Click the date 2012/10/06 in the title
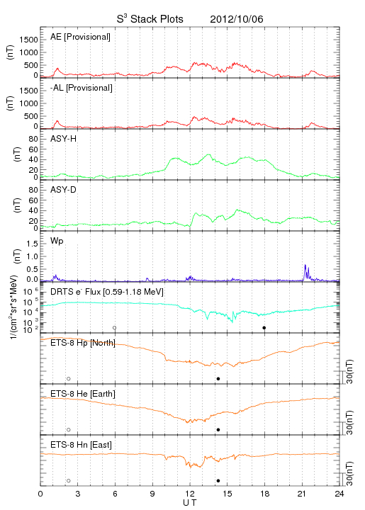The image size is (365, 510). coord(237,19)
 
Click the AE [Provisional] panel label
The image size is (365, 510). coord(80,37)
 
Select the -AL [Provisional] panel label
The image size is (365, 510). coord(82,88)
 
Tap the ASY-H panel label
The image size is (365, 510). coord(64,139)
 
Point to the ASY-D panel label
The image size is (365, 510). coord(64,190)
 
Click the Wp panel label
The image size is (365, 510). coord(57,241)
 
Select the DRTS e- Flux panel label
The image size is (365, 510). coord(107,292)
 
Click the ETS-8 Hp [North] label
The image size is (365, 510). coord(83,343)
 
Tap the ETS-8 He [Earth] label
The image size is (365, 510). coord(83,394)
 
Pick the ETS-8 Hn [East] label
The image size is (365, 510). coord(81,445)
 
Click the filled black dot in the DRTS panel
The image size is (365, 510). coord(264,328)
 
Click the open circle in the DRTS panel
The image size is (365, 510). coord(115,328)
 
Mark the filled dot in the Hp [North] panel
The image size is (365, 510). coord(218,378)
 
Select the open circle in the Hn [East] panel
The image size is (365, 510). coord(69,481)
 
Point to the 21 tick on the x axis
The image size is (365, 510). coord(302,494)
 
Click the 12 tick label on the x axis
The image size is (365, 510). coord(190,494)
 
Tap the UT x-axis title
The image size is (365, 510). coord(190,503)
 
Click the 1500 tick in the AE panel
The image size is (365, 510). coord(29,40)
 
